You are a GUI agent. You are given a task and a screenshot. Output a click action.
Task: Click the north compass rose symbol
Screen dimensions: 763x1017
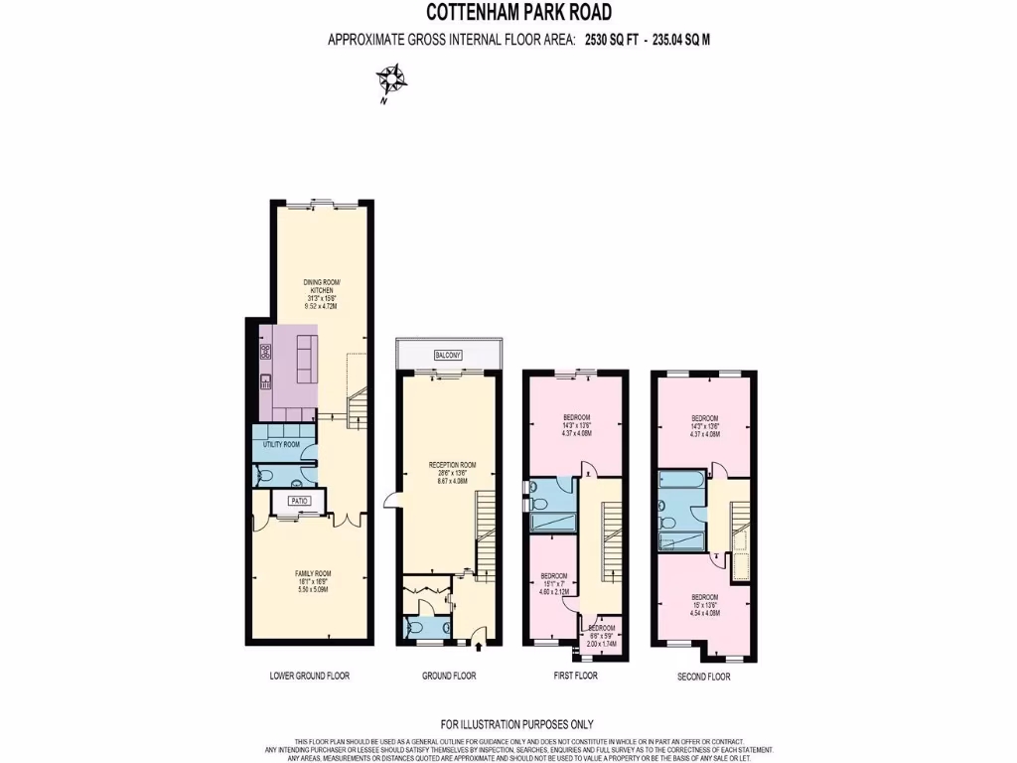click(x=390, y=79)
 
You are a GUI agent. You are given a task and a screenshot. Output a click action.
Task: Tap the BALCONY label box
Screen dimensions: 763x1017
click(x=447, y=355)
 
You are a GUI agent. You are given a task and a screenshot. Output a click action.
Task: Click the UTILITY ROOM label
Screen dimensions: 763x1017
click(x=281, y=444)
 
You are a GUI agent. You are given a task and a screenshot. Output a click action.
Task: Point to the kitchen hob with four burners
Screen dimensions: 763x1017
click(x=265, y=351)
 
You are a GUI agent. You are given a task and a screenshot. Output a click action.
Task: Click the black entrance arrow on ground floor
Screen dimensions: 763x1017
click(x=480, y=647)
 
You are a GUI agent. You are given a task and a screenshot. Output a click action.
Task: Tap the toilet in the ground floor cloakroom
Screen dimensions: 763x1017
click(x=414, y=628)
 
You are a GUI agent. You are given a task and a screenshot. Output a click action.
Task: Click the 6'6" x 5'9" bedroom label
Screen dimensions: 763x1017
click(x=601, y=636)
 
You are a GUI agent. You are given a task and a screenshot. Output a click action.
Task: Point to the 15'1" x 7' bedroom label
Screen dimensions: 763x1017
click(x=553, y=582)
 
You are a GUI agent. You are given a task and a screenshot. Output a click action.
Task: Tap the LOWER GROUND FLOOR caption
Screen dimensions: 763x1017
click(x=309, y=676)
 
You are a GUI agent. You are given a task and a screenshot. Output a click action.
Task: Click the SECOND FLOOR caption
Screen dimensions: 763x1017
click(x=705, y=677)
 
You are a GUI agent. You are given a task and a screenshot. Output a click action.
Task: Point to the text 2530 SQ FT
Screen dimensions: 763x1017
click(x=613, y=40)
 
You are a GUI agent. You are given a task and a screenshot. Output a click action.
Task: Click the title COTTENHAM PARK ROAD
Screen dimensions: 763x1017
click(x=518, y=13)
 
